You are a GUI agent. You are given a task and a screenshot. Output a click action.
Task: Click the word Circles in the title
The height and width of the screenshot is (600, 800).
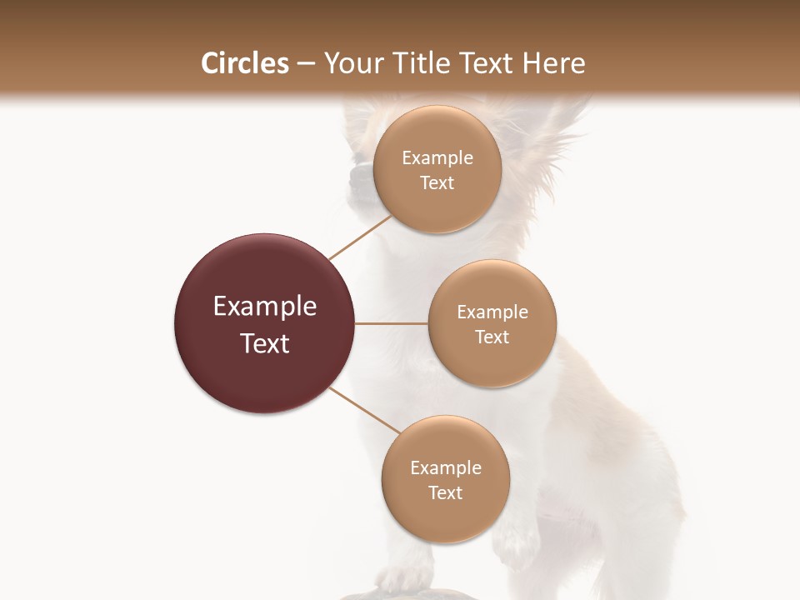pyautogui.click(x=244, y=63)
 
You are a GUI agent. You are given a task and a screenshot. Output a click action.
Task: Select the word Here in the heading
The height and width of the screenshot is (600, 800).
pyautogui.click(x=553, y=63)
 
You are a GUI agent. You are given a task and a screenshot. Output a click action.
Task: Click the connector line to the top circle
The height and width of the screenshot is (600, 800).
pyautogui.click(x=360, y=237)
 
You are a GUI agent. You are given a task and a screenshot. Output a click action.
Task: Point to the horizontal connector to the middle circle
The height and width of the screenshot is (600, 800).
pyautogui.click(x=392, y=323)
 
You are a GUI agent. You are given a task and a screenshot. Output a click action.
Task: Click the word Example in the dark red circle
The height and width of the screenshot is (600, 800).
pyautogui.click(x=265, y=307)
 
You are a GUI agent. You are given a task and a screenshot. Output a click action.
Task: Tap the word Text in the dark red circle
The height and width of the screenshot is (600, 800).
pyautogui.click(x=265, y=343)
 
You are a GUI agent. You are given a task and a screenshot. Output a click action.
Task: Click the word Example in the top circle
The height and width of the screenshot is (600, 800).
pyautogui.click(x=437, y=158)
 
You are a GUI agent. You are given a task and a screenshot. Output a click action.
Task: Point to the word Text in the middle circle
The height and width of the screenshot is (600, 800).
pyautogui.click(x=492, y=337)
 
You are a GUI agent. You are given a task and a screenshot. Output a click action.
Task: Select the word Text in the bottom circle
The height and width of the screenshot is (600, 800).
pyautogui.click(x=445, y=493)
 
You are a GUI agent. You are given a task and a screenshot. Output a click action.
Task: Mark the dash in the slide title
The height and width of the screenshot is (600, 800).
pyautogui.click(x=306, y=64)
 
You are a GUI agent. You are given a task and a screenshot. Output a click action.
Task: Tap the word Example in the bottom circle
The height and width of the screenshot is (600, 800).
pyautogui.click(x=446, y=468)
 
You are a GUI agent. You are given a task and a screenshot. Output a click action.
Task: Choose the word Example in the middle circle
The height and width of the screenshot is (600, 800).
pyautogui.click(x=492, y=312)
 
